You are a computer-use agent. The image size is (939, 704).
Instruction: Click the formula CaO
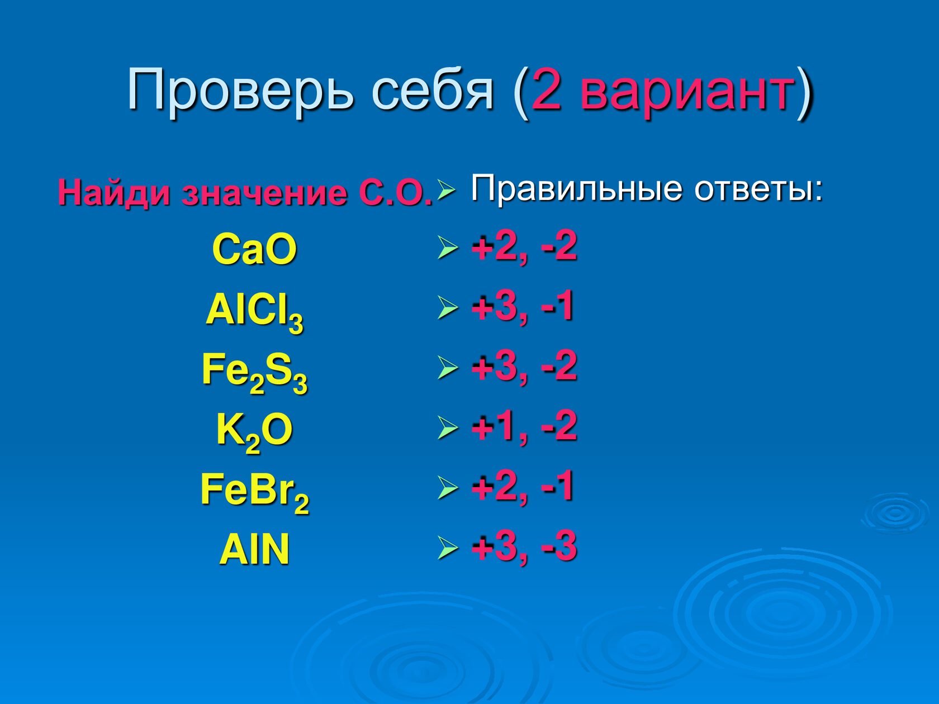click(254, 249)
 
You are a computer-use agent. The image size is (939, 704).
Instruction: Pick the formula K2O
click(254, 432)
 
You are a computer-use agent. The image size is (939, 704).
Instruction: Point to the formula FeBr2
click(254, 493)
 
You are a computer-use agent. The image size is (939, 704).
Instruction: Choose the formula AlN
click(254, 549)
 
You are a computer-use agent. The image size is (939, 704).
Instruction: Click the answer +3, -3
click(524, 546)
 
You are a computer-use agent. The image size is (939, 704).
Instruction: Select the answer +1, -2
click(524, 426)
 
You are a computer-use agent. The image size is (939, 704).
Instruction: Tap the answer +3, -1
click(523, 307)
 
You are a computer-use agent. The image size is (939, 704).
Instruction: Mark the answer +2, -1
click(523, 487)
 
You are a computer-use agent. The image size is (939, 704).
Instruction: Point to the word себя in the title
click(433, 91)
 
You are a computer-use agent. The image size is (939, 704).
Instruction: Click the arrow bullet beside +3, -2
click(448, 368)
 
